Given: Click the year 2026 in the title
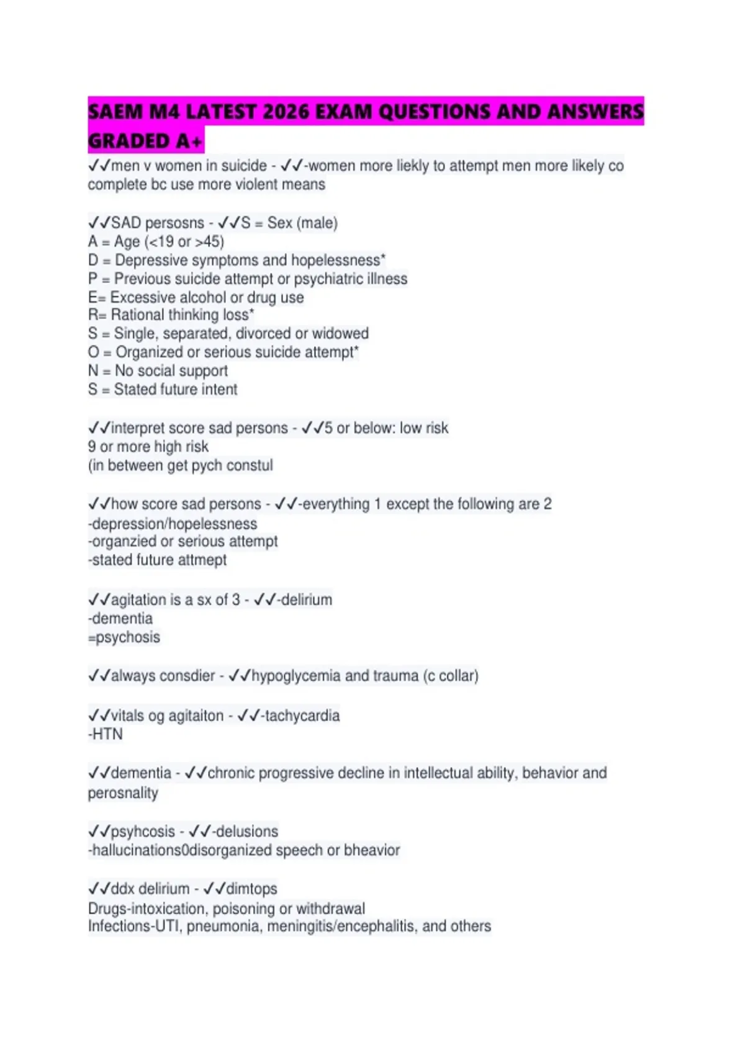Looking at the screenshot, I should tap(287, 112).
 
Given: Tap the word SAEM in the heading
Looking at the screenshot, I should tap(115, 112).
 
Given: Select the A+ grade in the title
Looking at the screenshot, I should tap(189, 141).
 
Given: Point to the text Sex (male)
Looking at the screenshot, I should tap(302, 223).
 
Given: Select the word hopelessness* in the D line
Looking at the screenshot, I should tap(339, 260).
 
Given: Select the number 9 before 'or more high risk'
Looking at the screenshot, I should tap(92, 446).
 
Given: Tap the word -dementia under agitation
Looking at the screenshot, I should tap(120, 618).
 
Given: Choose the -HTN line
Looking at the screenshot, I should tap(106, 734).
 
